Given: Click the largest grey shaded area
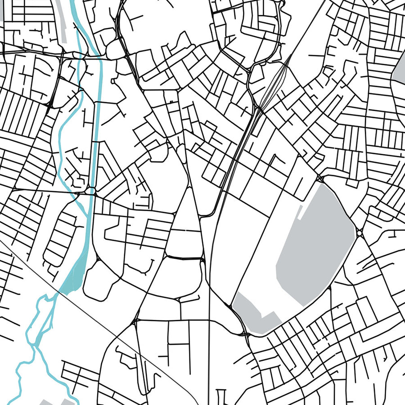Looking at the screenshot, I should tap(315, 247).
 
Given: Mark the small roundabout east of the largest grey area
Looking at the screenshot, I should tap(360, 233).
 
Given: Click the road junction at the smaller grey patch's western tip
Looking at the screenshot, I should tap(233, 306).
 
